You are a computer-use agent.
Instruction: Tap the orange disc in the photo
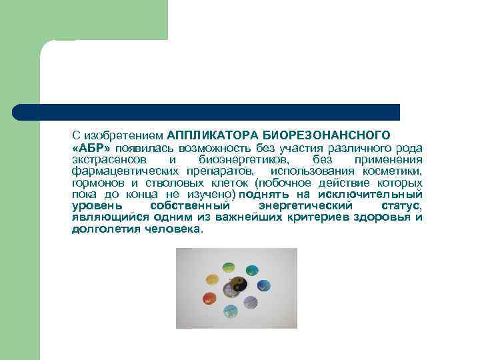click(x=212, y=279)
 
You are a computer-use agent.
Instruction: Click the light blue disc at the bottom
click(x=231, y=310)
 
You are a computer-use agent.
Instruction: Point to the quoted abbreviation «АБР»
click(x=91, y=148)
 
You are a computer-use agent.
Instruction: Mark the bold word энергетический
click(x=305, y=205)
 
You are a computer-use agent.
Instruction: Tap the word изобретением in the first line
click(x=123, y=135)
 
